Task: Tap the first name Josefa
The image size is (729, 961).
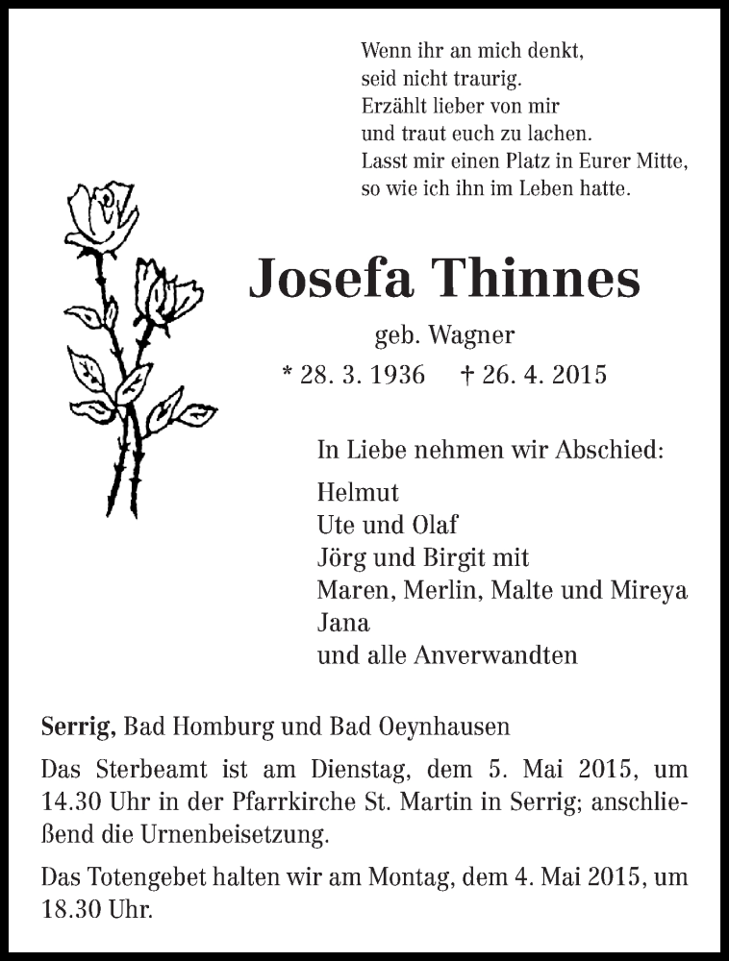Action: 332,280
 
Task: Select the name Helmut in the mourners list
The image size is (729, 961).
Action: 357,492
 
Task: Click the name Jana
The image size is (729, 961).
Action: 342,623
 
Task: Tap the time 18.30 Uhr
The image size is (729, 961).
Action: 97,909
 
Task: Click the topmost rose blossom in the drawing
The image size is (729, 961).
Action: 101,213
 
